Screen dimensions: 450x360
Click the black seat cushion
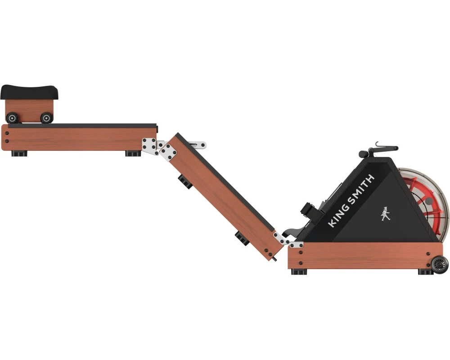[29, 92]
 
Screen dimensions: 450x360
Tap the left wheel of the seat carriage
[13, 118]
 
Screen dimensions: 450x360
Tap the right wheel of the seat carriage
[46, 118]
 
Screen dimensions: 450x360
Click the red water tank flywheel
[427, 201]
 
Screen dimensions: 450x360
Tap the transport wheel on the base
[439, 265]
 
